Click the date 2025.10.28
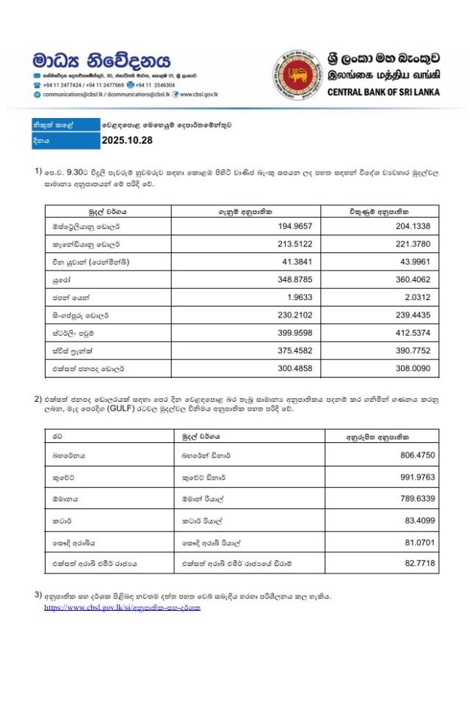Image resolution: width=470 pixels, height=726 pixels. point(126,141)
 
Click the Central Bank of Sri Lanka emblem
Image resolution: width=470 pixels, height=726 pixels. point(297,76)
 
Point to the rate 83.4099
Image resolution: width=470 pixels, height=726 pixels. point(418,520)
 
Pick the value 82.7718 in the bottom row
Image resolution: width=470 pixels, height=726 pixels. point(418,562)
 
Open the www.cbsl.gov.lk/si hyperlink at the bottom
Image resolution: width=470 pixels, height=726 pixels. point(122,607)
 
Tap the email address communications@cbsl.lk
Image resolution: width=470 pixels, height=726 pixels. point(74,95)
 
